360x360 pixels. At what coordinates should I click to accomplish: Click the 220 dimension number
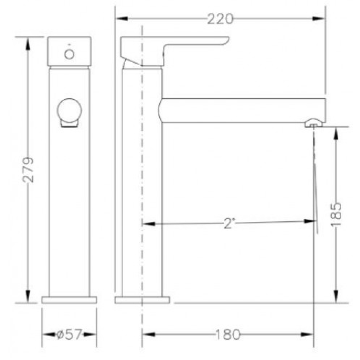[x=220, y=19]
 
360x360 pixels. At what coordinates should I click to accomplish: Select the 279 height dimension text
[x=28, y=170]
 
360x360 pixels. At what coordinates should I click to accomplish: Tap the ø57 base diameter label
[x=69, y=334]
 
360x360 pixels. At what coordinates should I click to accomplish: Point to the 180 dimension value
[x=228, y=334]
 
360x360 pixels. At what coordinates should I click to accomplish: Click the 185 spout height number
[x=336, y=215]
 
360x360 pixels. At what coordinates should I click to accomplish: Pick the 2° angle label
[x=229, y=223]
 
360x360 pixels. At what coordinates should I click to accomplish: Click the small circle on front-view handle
[x=69, y=54]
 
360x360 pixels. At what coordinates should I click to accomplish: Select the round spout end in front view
[x=69, y=110]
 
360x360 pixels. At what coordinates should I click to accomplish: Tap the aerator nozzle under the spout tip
[x=314, y=123]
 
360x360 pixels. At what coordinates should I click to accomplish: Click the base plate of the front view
[x=69, y=300]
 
